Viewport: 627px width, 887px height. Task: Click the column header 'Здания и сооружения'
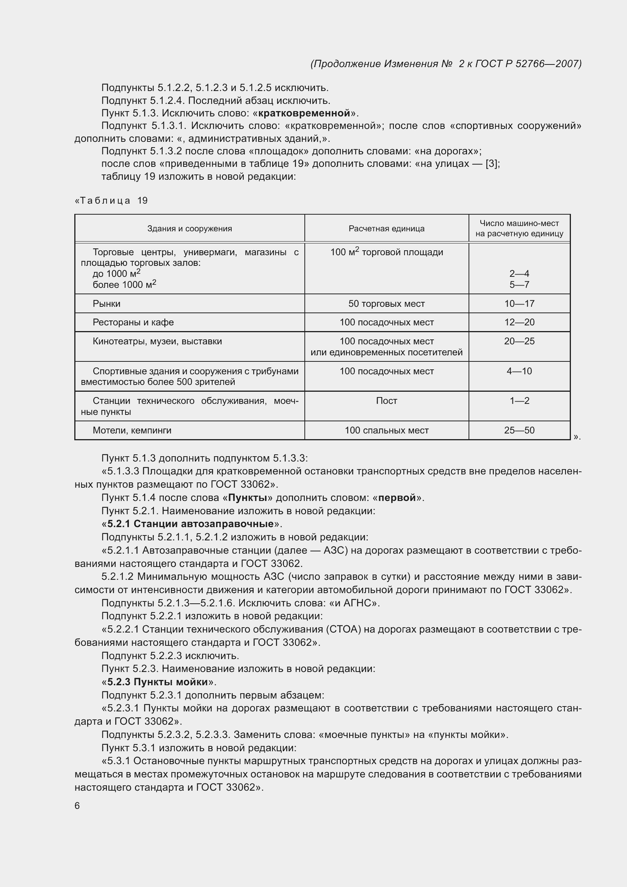[190, 228]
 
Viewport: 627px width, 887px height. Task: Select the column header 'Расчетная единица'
[386, 228]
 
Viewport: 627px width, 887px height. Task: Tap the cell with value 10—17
[519, 304]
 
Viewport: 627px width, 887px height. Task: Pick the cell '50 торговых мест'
[386, 304]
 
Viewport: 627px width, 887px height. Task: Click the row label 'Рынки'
[107, 304]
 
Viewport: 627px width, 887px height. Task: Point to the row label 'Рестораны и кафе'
[133, 322]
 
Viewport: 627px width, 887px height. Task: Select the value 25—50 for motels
[519, 430]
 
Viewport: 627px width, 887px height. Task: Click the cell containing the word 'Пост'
[386, 400]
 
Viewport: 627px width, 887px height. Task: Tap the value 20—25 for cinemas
[519, 341]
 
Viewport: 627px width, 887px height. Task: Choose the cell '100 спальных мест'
[386, 430]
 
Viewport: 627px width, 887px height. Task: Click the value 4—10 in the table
[519, 371]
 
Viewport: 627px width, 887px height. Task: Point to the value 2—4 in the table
[519, 274]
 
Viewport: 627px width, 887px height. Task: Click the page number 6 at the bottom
[77, 806]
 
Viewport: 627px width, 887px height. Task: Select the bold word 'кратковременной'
[304, 113]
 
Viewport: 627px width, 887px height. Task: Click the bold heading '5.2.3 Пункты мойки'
[158, 681]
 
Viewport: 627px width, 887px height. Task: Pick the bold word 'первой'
[397, 498]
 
